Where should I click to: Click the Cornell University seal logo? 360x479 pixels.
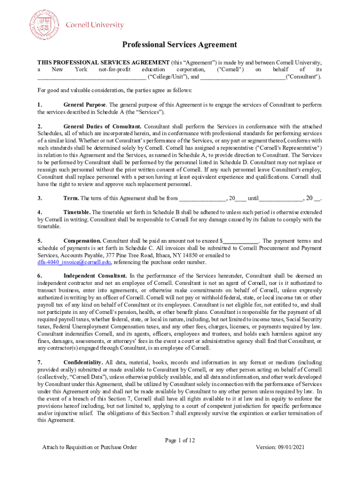[45, 24]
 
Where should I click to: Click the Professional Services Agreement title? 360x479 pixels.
[180, 45]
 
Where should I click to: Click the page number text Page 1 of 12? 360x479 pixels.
[180, 440]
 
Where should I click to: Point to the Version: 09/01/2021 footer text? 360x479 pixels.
[280, 447]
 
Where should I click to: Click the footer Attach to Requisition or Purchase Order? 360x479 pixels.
[89, 447]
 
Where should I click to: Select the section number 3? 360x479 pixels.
[40, 198]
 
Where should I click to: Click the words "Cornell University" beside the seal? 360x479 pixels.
[94, 25]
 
